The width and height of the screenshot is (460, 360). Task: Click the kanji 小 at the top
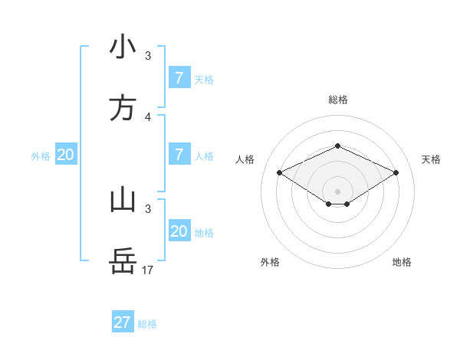click(x=123, y=47)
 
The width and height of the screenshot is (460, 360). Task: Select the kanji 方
click(x=123, y=108)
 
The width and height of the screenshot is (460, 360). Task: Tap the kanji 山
click(x=123, y=200)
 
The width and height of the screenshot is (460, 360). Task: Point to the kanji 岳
click(x=123, y=261)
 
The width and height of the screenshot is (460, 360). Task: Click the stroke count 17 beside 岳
click(x=148, y=270)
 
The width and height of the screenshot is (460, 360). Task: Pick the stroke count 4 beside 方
click(x=148, y=116)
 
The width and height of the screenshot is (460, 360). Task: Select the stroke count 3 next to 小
click(x=148, y=56)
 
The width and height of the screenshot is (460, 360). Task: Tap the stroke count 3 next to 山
click(x=148, y=208)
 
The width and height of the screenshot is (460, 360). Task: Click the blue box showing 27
click(x=123, y=322)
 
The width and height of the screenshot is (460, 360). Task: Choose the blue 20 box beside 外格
click(x=66, y=155)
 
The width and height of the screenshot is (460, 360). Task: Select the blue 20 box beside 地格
click(x=179, y=231)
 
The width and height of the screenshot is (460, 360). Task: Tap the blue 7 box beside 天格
click(x=179, y=77)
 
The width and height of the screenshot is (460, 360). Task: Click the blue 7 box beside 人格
click(x=179, y=155)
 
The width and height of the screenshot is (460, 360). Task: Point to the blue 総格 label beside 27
click(x=147, y=324)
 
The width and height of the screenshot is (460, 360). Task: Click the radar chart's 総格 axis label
click(x=337, y=100)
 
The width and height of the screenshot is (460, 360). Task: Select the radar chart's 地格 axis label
click(x=402, y=262)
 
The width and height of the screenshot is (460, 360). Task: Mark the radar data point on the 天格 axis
click(x=396, y=173)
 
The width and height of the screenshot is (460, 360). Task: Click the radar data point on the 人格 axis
click(x=280, y=173)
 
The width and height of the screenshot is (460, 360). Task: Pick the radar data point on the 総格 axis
click(x=337, y=146)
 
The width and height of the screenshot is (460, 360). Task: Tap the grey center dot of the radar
click(x=337, y=191)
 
